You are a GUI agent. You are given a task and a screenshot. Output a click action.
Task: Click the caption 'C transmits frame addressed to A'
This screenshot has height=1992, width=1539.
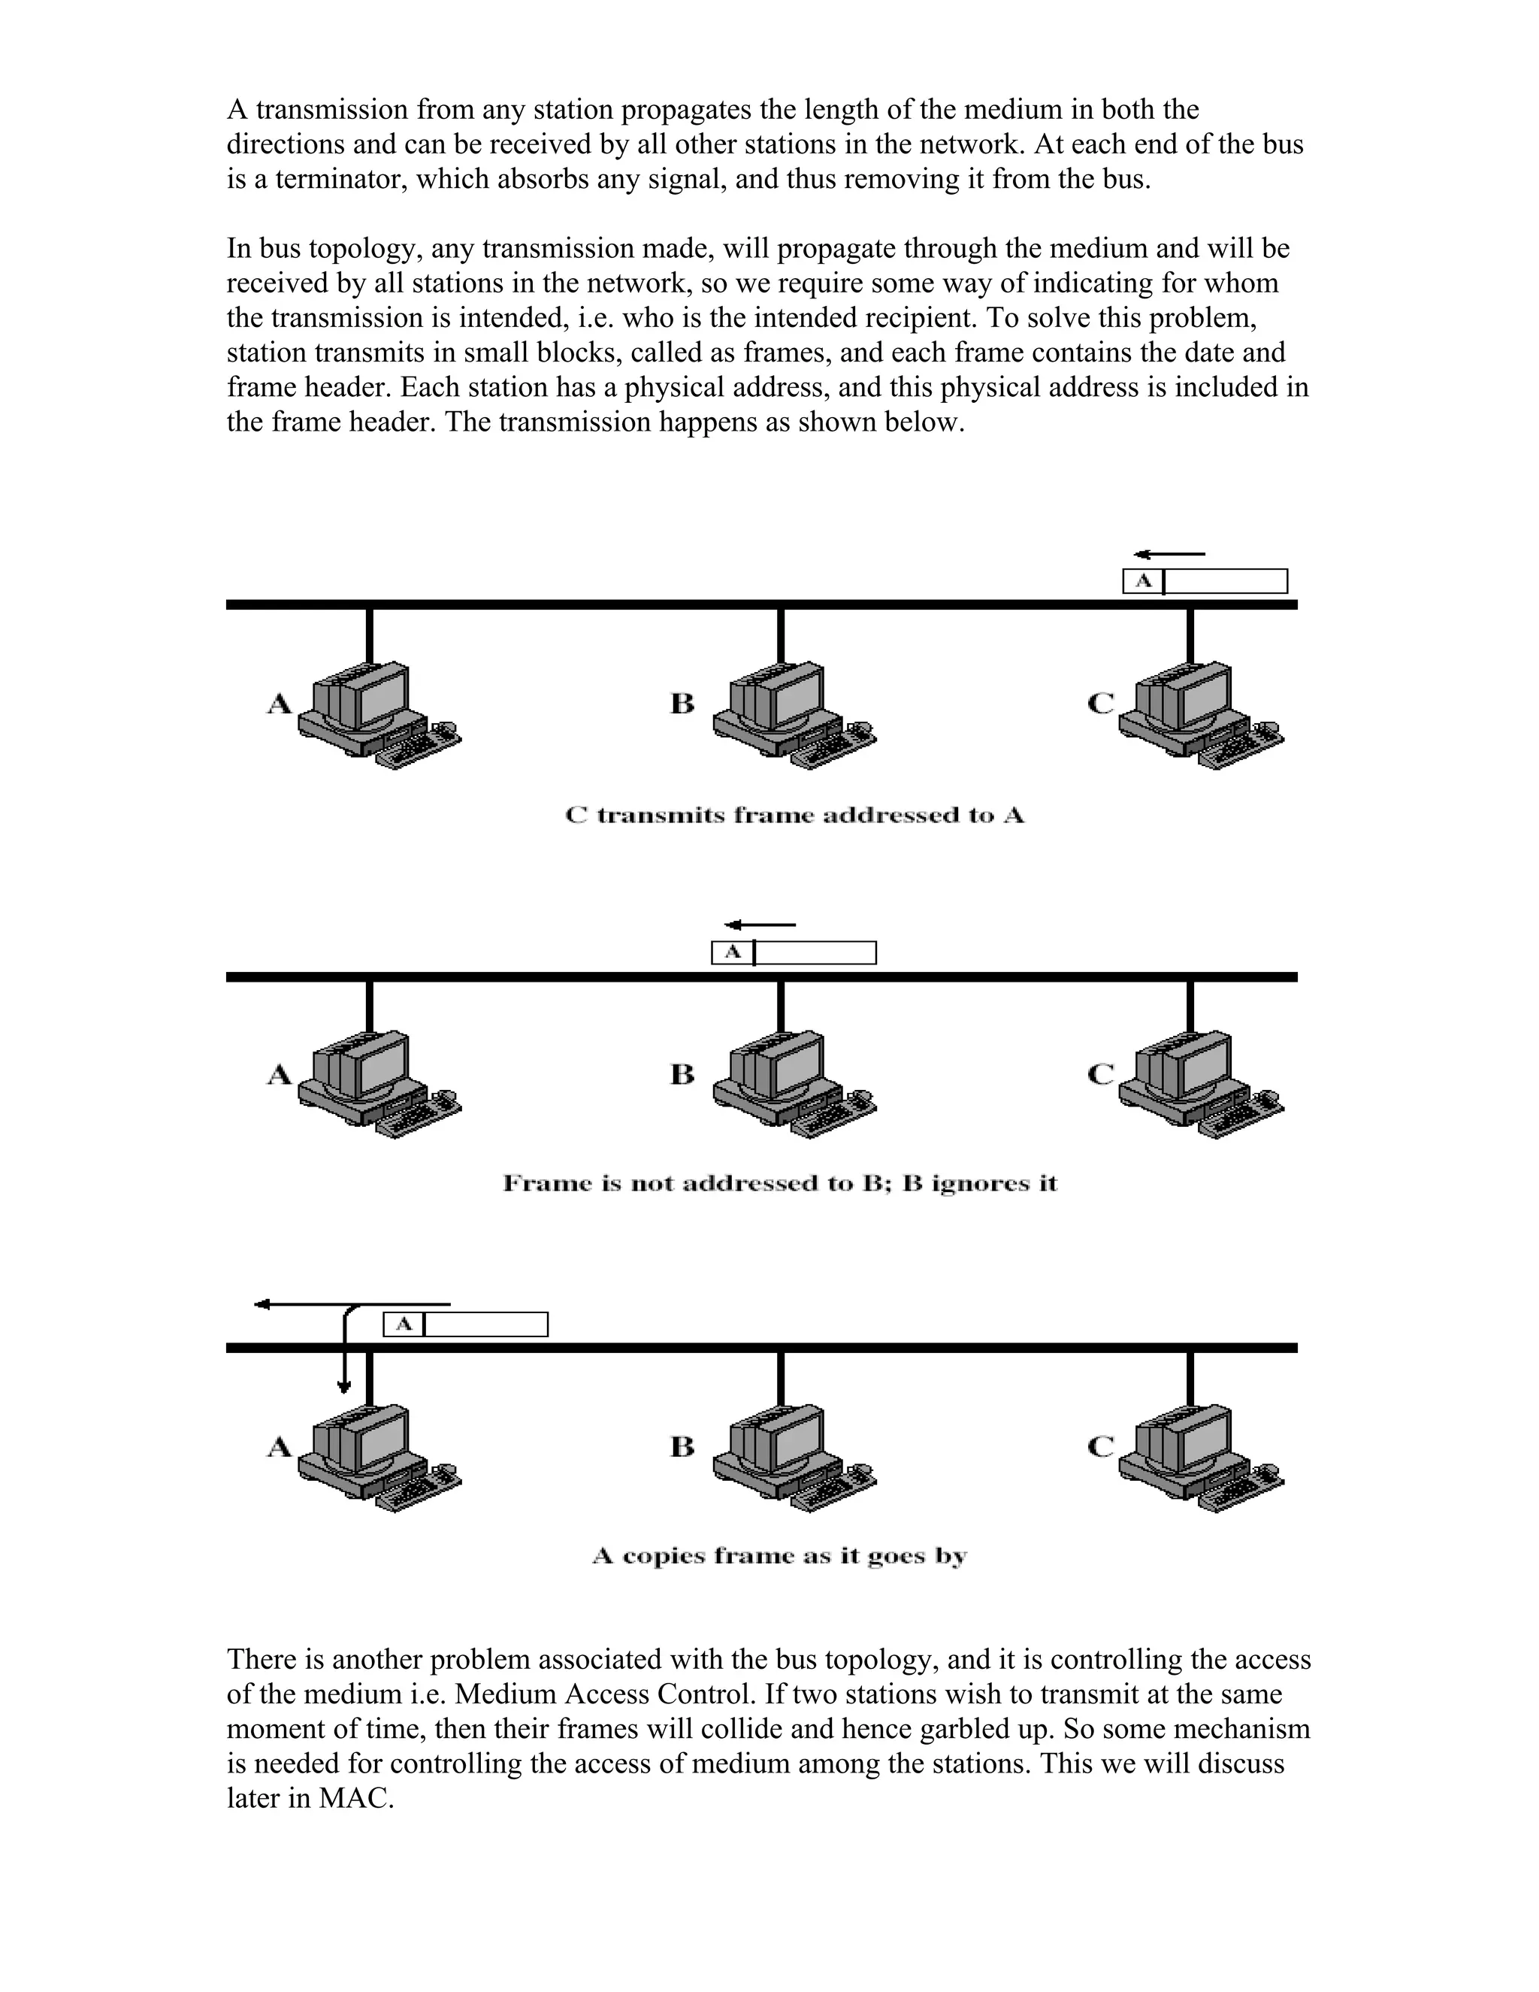[794, 816]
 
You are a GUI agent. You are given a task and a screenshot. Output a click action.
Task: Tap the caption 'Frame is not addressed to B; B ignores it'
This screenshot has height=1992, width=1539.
[779, 1184]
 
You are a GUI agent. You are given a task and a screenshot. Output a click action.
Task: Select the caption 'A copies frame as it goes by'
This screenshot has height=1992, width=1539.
[779, 1555]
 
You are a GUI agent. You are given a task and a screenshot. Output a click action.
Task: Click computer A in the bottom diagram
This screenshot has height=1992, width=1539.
[379, 1459]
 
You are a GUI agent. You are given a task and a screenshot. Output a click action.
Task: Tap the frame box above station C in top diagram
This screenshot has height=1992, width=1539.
[1205, 581]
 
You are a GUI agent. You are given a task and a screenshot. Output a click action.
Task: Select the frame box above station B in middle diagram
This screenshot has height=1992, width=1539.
[794, 953]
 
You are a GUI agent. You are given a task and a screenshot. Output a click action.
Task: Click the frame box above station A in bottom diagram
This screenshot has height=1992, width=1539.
[465, 1324]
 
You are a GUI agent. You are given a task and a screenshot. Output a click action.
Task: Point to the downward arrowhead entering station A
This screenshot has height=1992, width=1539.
[343, 1388]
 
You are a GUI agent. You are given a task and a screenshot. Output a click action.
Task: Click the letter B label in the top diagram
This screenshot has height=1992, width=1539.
[682, 704]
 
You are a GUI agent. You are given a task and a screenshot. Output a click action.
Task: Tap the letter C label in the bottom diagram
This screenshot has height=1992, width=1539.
[1102, 1446]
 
